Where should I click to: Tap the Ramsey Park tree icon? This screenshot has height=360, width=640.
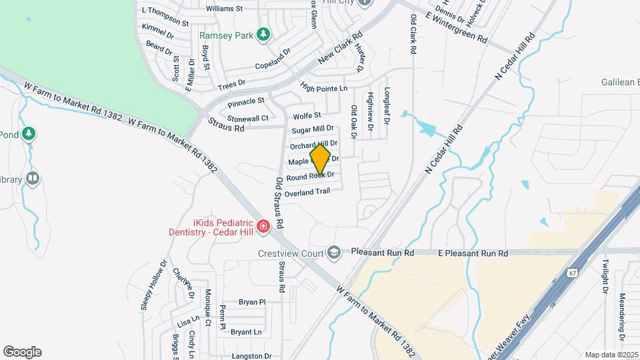click(x=263, y=33)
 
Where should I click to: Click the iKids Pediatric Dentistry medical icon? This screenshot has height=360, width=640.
click(x=263, y=228)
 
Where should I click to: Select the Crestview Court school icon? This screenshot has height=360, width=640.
click(x=333, y=253)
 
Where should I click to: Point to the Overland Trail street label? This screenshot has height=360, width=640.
click(x=307, y=192)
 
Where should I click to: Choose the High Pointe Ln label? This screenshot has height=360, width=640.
click(x=324, y=88)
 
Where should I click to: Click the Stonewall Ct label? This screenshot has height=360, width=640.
click(x=247, y=118)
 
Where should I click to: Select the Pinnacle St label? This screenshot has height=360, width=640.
click(x=246, y=102)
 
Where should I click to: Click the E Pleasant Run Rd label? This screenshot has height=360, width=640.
click(x=473, y=253)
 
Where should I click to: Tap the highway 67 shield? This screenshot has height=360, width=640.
click(x=573, y=273)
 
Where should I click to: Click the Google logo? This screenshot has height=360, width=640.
click(x=22, y=352)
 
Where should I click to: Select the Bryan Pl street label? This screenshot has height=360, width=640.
click(x=252, y=302)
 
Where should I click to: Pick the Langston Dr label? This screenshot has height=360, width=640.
click(x=251, y=356)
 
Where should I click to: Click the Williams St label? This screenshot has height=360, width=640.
click(x=225, y=9)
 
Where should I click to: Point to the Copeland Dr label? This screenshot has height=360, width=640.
click(x=273, y=59)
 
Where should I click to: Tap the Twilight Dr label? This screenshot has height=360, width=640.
click(x=605, y=277)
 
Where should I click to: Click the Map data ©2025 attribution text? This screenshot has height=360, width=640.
click(x=611, y=355)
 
